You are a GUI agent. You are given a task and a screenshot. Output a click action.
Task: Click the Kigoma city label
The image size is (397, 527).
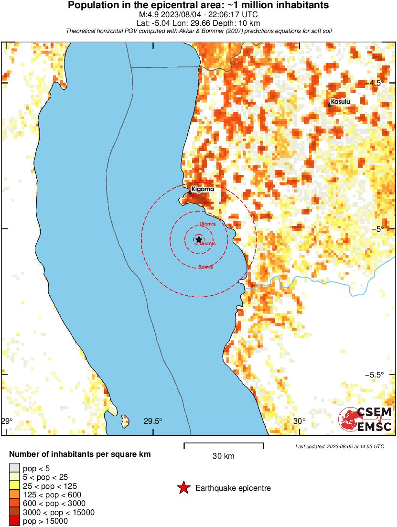coord(203,189)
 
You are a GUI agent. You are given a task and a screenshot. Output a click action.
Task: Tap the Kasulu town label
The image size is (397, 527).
coord(340,102)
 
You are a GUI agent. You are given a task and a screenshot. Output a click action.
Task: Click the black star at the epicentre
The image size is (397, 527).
coord(199,239)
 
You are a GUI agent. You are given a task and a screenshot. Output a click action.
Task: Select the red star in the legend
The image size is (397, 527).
coord(183,488)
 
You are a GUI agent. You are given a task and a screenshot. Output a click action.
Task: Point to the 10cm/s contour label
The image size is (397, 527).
coord(207,224)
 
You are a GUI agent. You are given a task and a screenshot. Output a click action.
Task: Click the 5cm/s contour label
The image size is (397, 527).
coord(206,267)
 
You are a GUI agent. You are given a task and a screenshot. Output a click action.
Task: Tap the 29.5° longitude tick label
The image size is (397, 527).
coord(153,421)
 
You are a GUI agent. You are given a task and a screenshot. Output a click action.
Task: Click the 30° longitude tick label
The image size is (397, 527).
coord(299,421)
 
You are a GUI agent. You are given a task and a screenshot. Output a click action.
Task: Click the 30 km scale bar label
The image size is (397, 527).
coord(223,456)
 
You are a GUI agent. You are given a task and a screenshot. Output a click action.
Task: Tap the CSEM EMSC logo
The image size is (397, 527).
coord(365,419)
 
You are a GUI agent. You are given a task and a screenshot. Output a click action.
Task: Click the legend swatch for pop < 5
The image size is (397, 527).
coord(14,468)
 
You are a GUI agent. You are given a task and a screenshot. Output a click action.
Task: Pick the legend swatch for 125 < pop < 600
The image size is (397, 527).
coord(14,495)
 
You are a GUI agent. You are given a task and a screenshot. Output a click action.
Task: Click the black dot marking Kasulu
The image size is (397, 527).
coord(329,105)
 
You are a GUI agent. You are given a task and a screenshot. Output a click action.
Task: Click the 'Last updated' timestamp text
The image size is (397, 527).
coord(340,446)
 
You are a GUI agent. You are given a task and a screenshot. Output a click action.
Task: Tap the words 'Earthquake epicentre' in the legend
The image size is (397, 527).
coord(233,488)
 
